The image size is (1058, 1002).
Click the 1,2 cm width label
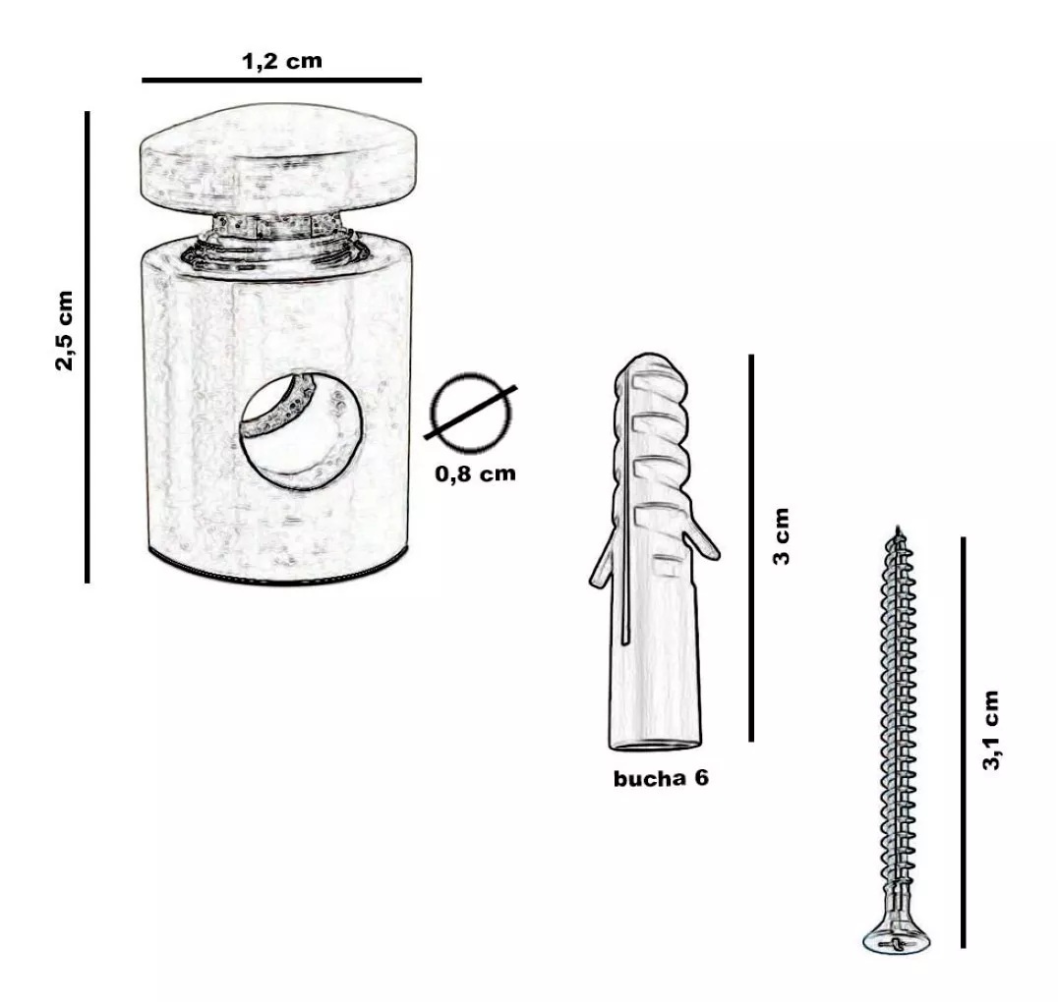pos(282,61)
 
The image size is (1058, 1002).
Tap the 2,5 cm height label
pos(64,331)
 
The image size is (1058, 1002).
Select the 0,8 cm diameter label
pos(475,473)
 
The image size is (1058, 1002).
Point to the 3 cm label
pos(782,536)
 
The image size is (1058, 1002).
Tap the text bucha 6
pos(661,778)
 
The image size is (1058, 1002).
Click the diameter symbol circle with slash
pos(471,412)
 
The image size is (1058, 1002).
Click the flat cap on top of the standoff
pos(278,158)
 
